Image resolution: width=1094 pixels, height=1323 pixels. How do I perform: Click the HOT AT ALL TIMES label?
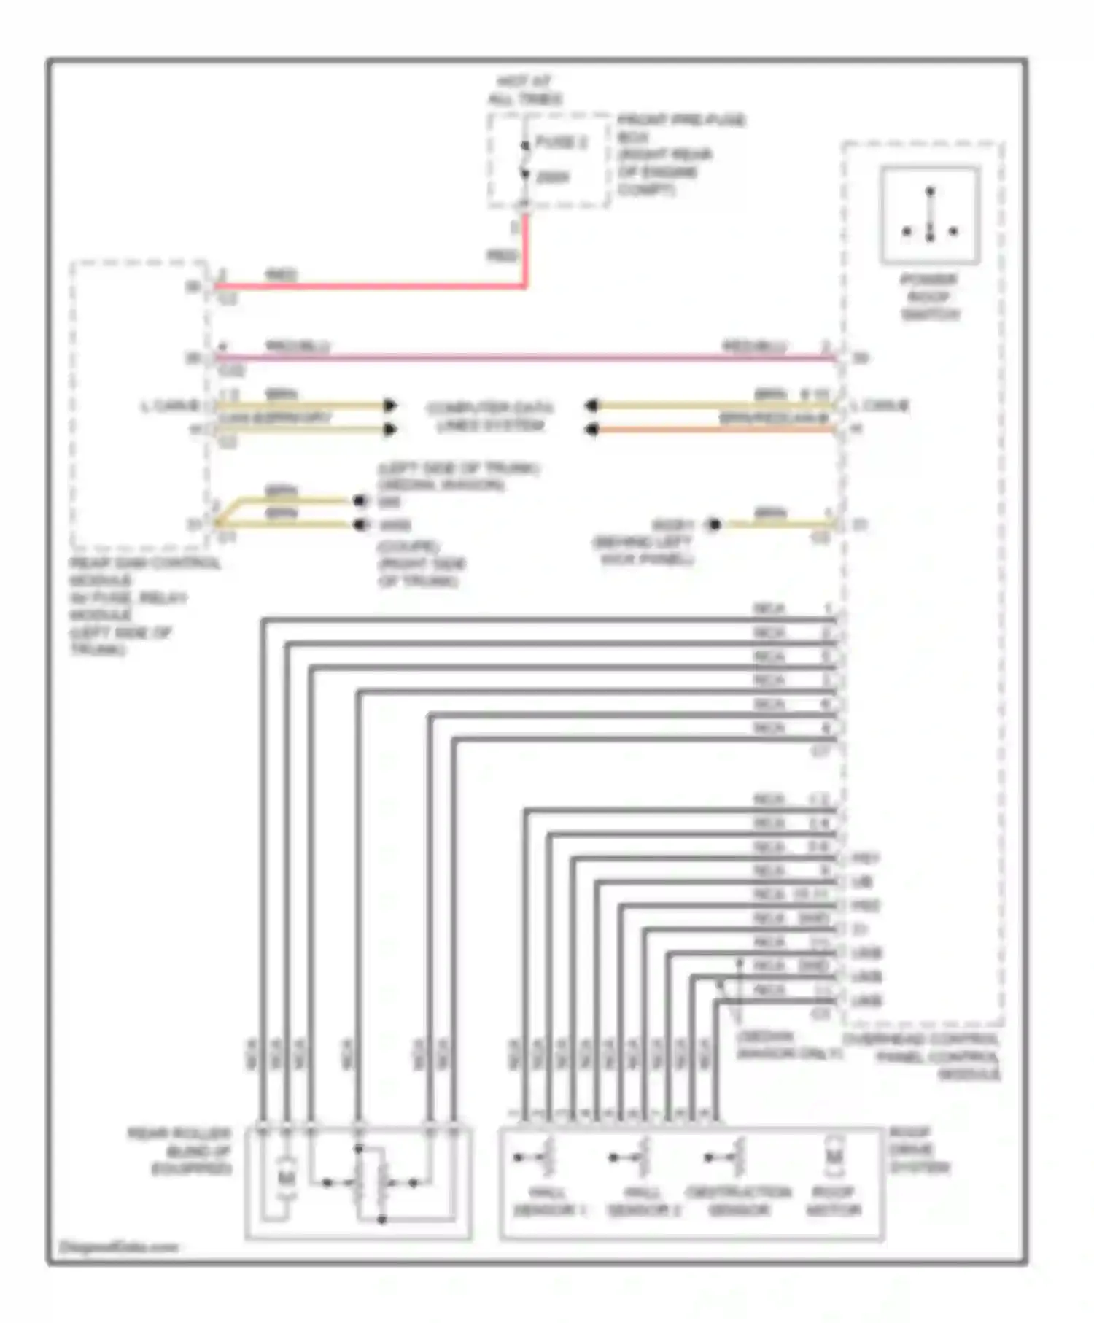(x=524, y=90)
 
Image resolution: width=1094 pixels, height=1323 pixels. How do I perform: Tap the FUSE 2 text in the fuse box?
(x=561, y=142)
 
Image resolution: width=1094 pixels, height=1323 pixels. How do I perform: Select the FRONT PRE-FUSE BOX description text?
(x=680, y=154)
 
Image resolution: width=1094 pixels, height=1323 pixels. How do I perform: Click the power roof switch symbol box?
(x=930, y=214)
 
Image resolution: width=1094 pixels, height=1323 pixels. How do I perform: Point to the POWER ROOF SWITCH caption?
(x=929, y=297)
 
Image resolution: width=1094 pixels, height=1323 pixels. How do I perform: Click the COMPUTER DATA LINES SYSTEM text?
(x=490, y=416)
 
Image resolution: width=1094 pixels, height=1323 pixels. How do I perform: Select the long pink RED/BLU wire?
(x=525, y=357)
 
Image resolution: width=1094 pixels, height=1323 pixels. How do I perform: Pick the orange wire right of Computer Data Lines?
(x=715, y=430)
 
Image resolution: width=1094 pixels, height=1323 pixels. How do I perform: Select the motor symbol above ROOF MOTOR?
(x=834, y=1157)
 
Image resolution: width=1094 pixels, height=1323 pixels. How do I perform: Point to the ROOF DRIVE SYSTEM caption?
(x=919, y=1150)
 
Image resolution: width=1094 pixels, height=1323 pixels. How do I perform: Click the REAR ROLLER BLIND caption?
(x=181, y=1151)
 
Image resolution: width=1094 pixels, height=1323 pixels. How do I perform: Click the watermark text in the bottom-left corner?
(x=118, y=1247)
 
